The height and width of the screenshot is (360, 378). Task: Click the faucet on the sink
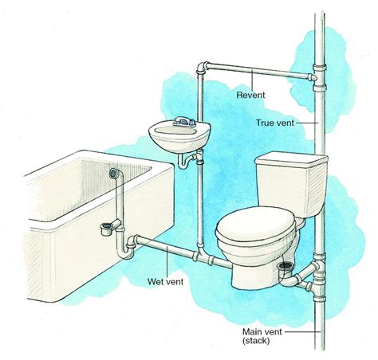click(x=185, y=122)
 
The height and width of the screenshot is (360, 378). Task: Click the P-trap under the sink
click(x=187, y=161)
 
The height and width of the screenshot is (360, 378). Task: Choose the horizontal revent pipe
click(x=263, y=72)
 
